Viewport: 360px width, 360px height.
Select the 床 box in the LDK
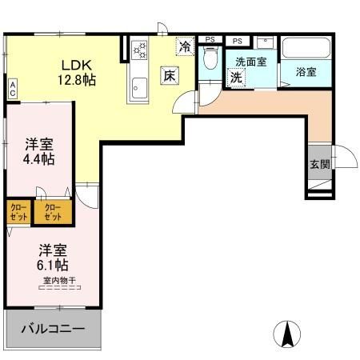coord(170,75)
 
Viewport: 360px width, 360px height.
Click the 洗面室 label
coord(250,62)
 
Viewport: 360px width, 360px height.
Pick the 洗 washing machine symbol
coord(237,78)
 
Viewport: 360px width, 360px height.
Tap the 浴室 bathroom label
coord(306,71)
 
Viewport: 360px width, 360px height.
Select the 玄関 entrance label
coord(319,166)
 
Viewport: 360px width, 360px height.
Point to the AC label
coord(13,88)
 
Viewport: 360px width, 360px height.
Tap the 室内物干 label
coord(60,280)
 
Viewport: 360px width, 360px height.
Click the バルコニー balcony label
coord(54,329)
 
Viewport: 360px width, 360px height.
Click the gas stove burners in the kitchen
coord(140,50)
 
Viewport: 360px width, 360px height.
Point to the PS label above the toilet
coord(210,38)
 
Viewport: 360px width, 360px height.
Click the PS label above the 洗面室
coord(238,38)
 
